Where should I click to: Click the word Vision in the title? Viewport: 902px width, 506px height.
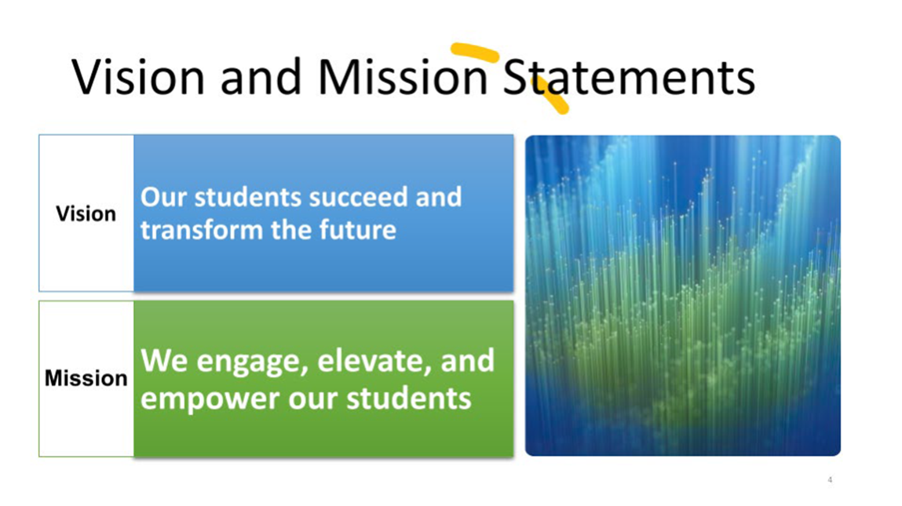pos(138,76)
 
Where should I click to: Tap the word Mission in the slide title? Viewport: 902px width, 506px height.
pos(403,76)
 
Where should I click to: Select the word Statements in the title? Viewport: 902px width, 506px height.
pos(629,76)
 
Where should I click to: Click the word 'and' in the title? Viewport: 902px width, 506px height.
pos(261,76)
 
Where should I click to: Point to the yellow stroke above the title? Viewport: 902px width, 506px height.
pos(475,51)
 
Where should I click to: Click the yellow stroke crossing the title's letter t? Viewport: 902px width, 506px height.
pos(550,95)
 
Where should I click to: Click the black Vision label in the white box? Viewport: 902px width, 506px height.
pos(86,214)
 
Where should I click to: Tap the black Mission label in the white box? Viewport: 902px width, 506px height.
pos(86,378)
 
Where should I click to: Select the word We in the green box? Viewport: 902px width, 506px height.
pos(164,361)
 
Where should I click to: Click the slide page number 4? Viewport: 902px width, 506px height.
pos(830,479)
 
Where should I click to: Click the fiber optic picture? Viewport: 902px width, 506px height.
pos(683,296)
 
